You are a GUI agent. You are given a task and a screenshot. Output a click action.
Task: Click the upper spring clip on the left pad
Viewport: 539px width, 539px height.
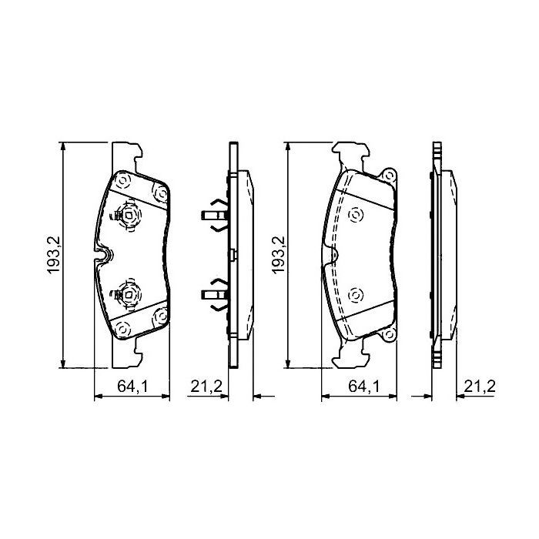pos(127,216)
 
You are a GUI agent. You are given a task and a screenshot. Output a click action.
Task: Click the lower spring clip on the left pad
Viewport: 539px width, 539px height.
pos(127,293)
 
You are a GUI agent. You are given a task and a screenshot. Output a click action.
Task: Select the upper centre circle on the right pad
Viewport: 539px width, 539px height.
pos(354,216)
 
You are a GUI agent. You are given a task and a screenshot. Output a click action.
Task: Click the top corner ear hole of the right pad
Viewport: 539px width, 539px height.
pos(389,175)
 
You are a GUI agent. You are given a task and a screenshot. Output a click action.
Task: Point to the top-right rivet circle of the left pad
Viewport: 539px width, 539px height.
pos(160,195)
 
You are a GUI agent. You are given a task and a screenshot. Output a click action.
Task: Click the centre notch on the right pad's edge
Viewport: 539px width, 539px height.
pos(332,255)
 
